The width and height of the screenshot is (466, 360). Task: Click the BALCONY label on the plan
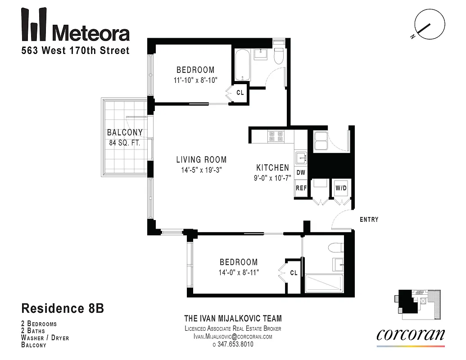[x=125, y=132]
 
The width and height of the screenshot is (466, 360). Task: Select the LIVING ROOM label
[x=201, y=160]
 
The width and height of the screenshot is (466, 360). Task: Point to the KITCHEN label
[x=273, y=167]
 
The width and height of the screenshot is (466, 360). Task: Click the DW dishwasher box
[x=301, y=173]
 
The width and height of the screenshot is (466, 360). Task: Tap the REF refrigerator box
[x=301, y=188]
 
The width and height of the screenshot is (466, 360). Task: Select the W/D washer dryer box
[x=340, y=188]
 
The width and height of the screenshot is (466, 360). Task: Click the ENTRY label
[x=369, y=220]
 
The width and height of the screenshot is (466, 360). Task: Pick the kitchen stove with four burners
[x=276, y=136]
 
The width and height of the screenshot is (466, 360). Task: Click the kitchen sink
[x=301, y=158]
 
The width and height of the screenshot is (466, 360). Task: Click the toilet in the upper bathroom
[x=278, y=55]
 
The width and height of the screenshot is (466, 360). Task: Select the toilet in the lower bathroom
[x=335, y=248]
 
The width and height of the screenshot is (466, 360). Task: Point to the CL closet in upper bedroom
[x=240, y=93]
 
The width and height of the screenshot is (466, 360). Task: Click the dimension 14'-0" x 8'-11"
[x=239, y=272]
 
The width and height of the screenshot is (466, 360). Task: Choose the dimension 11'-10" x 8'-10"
[x=195, y=80]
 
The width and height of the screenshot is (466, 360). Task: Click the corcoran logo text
[x=410, y=334]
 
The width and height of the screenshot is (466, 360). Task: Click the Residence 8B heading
[x=63, y=309]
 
